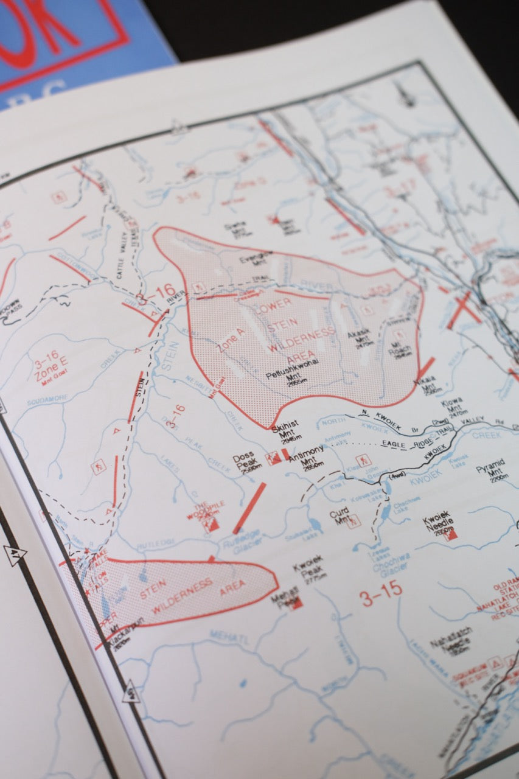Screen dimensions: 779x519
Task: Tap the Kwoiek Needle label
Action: pos(439,525)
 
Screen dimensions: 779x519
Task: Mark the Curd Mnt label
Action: pos(340,517)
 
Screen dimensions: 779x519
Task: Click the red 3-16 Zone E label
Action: pos(50,371)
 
